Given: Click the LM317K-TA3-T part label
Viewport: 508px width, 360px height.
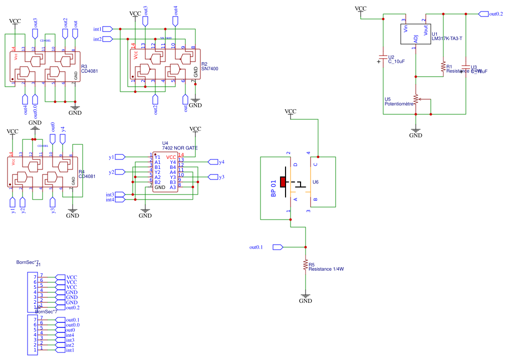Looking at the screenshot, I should point(446,38).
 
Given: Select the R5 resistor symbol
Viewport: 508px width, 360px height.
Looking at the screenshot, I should point(305,266).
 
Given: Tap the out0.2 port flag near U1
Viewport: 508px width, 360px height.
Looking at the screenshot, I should point(483,14).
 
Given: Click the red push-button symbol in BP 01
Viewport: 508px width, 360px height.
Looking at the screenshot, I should point(283,182).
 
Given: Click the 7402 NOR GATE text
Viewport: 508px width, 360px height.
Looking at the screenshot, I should point(180,148).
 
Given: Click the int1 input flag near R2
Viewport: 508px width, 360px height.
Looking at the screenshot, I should point(107,29).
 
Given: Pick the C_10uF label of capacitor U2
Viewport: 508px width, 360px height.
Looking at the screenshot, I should point(396,62).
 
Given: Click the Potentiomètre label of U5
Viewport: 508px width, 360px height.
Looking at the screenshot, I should point(399,104).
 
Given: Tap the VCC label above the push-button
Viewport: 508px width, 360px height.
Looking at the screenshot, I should point(290,111).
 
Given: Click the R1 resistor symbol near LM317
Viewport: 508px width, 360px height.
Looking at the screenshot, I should point(443,67).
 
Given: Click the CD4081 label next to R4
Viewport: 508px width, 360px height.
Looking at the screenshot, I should point(87,176).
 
